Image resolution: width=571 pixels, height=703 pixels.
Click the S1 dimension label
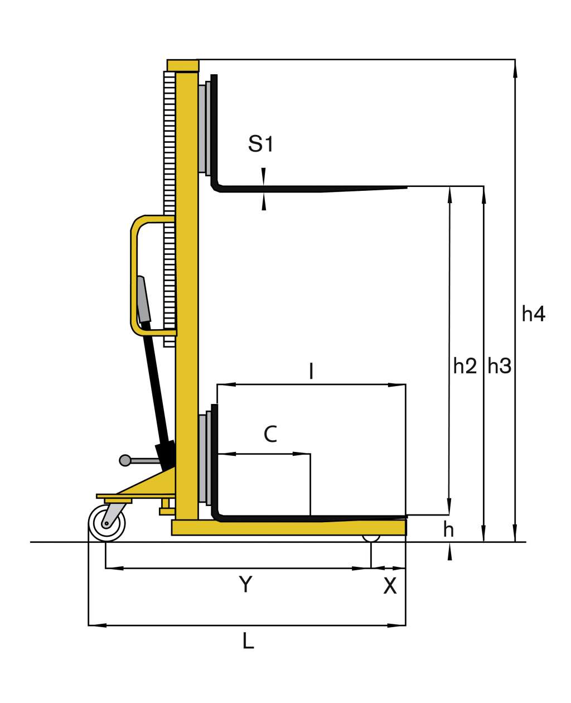coord(260,144)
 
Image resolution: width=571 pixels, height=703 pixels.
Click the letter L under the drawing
coord(248,641)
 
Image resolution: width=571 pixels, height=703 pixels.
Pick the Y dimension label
coord(245,584)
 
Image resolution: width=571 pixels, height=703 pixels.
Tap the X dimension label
coord(390,586)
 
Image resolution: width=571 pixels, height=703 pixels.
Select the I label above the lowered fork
coord(311,371)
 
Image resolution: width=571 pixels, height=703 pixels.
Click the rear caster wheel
coord(107,522)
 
